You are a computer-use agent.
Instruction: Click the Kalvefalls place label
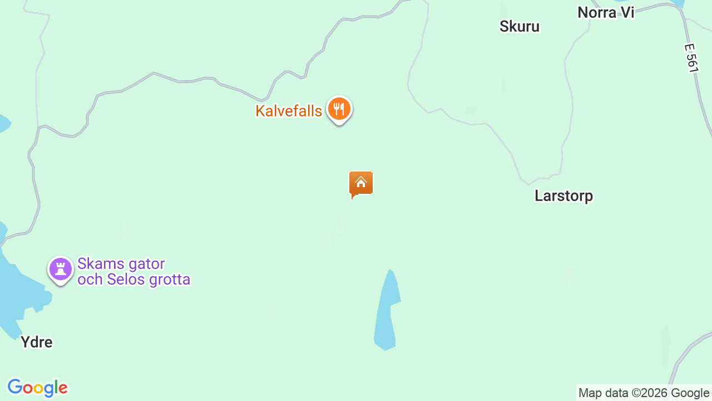[x=289, y=111]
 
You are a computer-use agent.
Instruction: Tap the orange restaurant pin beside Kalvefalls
[x=339, y=109]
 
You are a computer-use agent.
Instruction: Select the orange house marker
[x=361, y=184]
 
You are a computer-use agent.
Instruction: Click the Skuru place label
[x=520, y=26]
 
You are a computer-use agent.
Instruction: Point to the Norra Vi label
[x=606, y=12]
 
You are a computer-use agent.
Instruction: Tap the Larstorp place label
[x=563, y=195]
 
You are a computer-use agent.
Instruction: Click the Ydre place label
[x=37, y=342]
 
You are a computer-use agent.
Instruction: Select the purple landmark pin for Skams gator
[x=61, y=270]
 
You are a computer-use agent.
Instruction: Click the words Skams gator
[x=121, y=263]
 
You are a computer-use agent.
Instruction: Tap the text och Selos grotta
[x=134, y=279]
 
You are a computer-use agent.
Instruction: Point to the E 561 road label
[x=691, y=58]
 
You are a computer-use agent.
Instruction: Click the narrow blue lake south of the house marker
[x=387, y=312]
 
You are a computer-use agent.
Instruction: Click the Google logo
[x=37, y=388]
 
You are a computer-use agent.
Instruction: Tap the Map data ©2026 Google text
[x=644, y=393]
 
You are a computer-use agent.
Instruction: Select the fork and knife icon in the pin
[x=339, y=108]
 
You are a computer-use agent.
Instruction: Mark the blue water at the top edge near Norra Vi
[x=678, y=3]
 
